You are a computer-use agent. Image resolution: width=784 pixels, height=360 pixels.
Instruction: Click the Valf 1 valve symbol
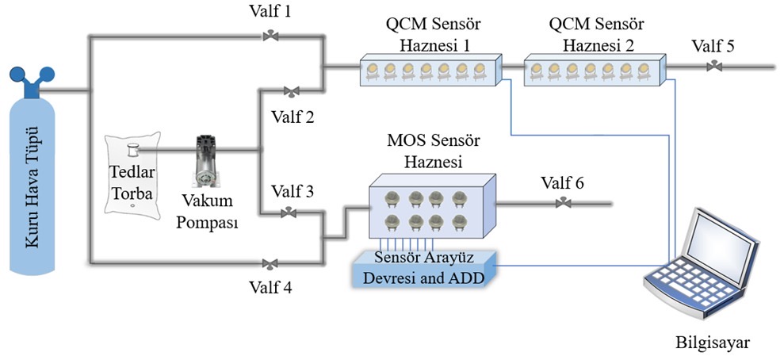tap(271, 35)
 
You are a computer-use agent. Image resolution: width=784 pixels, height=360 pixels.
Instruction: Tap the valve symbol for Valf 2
tap(292, 90)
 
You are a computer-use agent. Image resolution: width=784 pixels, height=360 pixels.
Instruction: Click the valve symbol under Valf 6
tap(563, 204)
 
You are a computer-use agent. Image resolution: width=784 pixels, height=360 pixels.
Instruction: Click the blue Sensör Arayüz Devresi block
tap(423, 268)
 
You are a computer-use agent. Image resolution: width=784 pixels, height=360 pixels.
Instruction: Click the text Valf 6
tap(563, 183)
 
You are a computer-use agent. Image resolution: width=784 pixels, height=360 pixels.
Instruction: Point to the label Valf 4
tap(271, 287)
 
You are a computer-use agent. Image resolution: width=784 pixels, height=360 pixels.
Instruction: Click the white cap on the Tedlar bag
tap(133, 147)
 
